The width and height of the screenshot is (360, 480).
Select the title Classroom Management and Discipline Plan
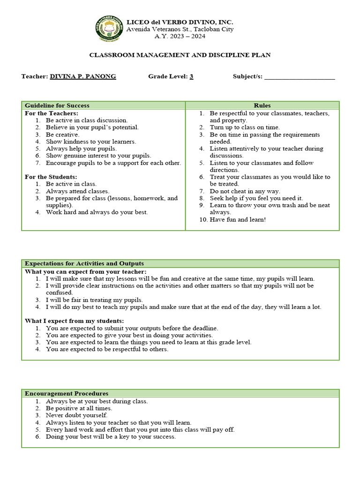(180, 55)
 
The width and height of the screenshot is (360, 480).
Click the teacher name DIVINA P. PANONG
(83, 76)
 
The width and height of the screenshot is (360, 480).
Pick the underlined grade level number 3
(191, 76)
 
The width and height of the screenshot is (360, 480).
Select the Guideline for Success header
(57, 105)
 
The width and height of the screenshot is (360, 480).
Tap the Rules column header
(262, 105)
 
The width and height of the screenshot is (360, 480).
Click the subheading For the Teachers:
(51, 113)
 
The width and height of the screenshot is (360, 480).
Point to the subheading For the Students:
(51, 177)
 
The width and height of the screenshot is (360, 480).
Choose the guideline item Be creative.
(62, 135)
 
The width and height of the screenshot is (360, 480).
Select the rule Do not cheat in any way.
(245, 191)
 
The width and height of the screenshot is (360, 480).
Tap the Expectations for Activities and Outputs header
(84, 263)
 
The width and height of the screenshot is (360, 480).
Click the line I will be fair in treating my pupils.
(94, 300)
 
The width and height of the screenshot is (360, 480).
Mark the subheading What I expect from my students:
(74, 321)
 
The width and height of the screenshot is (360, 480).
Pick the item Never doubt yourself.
(76, 415)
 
